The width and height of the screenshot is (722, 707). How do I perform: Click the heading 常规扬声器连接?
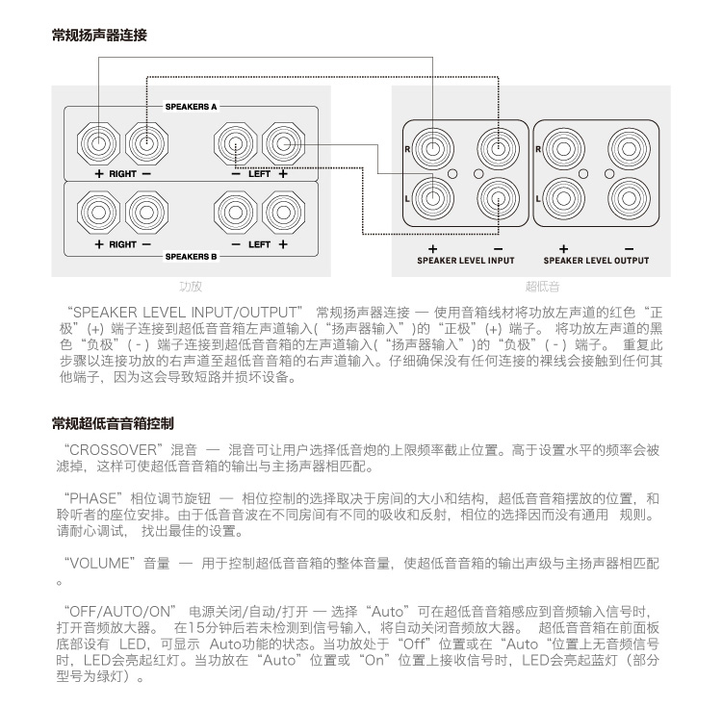(99, 37)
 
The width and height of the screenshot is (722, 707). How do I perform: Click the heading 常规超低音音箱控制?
(113, 423)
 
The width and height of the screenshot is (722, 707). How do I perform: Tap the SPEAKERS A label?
(192, 106)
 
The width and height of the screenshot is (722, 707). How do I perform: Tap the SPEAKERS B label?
(192, 257)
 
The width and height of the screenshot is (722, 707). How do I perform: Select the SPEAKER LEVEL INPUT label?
(466, 261)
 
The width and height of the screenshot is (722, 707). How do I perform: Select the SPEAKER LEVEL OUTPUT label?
(596, 261)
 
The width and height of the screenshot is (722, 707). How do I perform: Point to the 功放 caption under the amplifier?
(191, 286)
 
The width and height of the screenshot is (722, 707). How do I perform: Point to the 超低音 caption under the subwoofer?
(542, 286)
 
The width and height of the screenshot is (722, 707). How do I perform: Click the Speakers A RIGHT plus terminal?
(99, 143)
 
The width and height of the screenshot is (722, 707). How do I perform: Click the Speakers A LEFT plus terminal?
(282, 143)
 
